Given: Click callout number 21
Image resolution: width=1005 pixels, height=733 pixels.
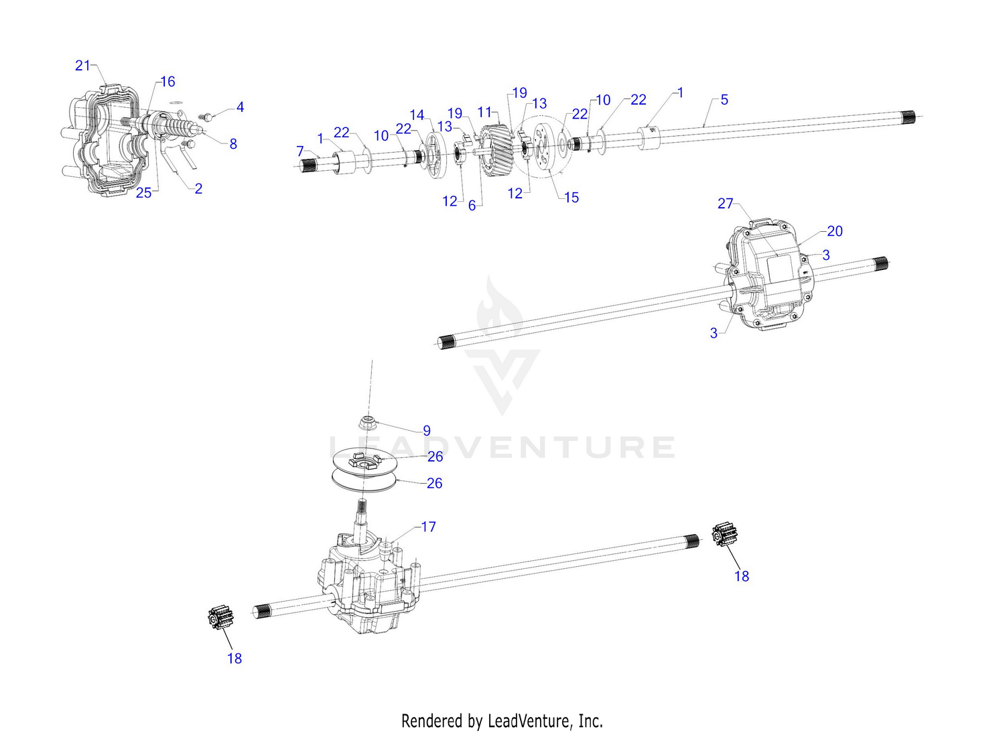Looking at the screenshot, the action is coord(82,66).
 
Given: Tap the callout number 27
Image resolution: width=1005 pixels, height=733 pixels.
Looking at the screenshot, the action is coord(725,204).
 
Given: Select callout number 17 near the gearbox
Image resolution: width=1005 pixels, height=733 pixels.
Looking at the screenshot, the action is coord(429,527).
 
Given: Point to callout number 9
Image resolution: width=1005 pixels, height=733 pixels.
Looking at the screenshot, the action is coord(427,431).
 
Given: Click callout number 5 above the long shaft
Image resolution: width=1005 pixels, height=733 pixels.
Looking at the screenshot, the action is coord(724,100).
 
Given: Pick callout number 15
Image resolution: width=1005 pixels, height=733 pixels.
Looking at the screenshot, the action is coord(571,198).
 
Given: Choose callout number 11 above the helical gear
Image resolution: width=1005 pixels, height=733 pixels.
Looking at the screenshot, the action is coord(484,112).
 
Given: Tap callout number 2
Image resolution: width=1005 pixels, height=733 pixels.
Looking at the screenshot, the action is coord(198,188).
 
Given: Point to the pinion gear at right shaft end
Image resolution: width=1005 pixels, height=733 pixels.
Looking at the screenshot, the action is coord(724,534).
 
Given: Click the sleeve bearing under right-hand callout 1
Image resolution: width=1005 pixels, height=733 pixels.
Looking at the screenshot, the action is coord(649,138).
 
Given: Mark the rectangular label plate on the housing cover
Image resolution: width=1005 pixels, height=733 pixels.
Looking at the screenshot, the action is coord(780,269).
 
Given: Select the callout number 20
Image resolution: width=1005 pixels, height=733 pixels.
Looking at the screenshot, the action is coord(835,231).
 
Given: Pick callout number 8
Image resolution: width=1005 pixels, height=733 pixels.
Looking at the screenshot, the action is coord(233,144).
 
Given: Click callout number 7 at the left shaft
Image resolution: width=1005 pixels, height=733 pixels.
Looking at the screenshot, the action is coord(299,151).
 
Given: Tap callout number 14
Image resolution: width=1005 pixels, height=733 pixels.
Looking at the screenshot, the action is coord(417,115).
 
